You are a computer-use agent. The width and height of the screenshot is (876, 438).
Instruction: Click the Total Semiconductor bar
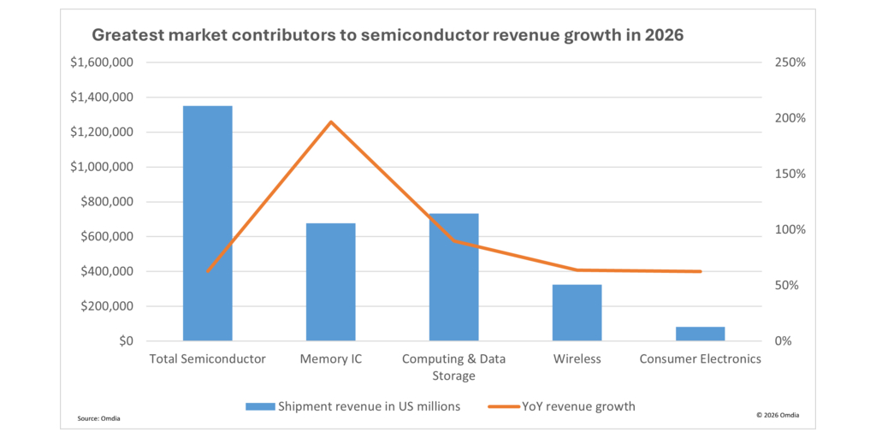207,223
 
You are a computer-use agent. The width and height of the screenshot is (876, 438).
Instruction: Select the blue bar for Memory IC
330,282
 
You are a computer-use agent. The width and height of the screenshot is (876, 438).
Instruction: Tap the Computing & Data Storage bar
453,277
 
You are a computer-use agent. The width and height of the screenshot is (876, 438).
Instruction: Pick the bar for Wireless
577,312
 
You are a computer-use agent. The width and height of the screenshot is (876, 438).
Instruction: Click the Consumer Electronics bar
700,334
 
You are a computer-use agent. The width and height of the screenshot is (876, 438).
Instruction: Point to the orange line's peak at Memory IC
331,121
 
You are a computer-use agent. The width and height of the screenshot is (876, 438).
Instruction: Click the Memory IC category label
330,359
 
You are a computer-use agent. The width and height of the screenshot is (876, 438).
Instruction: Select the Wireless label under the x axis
577,359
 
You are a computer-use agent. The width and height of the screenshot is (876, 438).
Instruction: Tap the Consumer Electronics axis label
700,359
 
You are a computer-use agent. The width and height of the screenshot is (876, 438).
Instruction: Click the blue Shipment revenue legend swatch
258,406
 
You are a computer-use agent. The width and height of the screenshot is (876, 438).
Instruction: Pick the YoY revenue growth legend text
578,406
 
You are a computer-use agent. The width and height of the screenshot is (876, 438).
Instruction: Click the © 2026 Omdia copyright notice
778,415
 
